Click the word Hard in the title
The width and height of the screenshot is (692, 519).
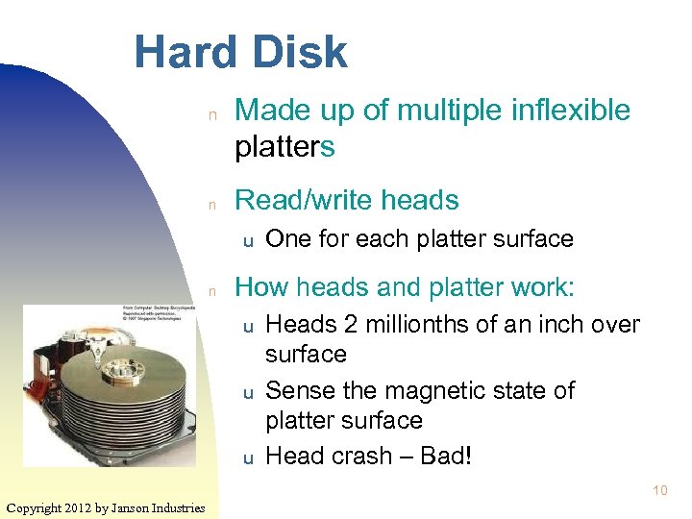coord(181,51)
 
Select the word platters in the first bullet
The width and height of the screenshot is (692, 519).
coord(285,147)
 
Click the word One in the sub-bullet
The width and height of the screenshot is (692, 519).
coord(286,238)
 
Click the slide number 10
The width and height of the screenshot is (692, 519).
coord(659,491)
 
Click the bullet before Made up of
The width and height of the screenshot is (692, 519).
coord(216,113)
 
